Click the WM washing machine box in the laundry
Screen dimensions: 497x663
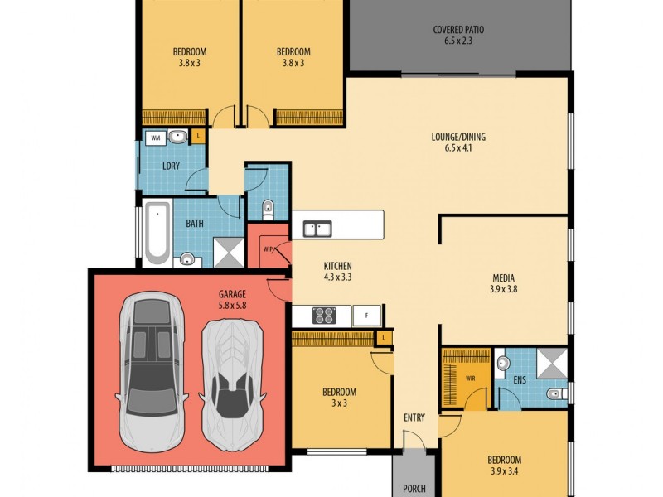pos(155,138)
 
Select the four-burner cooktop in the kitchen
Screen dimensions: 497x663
pos(322,316)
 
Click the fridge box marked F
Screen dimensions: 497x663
pos(365,316)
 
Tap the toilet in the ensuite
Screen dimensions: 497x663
pos(555,393)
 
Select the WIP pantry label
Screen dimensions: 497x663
pos(268,248)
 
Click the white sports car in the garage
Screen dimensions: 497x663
pos(234,385)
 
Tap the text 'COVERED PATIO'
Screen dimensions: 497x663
pos(458,30)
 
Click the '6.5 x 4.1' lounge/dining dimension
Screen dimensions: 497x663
pos(457,150)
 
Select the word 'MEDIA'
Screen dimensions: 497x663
pos(503,277)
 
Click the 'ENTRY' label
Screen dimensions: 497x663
pos(414,418)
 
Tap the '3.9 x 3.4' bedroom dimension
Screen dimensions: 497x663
pos(504,473)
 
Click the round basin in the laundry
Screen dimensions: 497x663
pos(178,137)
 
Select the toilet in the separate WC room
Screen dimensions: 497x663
pos(267,206)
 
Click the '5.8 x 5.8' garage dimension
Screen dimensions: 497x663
pos(232,306)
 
